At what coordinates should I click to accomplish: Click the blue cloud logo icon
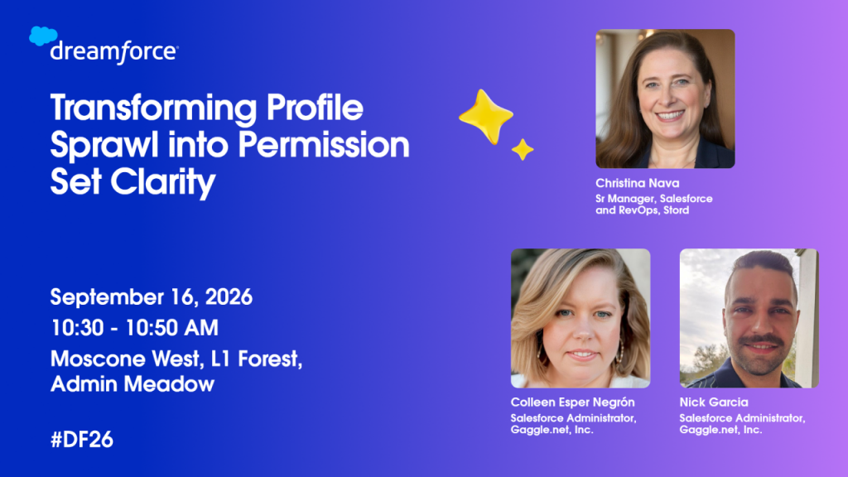pyautogui.click(x=43, y=36)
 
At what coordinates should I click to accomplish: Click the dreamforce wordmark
pyautogui.click(x=114, y=52)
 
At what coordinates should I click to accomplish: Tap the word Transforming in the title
pyautogui.click(x=153, y=108)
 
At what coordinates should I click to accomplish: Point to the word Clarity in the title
pyautogui.click(x=163, y=182)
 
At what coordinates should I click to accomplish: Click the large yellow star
pyautogui.click(x=485, y=117)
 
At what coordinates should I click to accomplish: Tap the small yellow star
pyautogui.click(x=523, y=150)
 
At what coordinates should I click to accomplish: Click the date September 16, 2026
pyautogui.click(x=152, y=297)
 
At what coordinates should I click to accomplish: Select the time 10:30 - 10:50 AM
pyautogui.click(x=135, y=328)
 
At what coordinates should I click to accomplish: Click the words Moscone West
pyautogui.click(x=125, y=359)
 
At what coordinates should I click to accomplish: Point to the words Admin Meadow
pyautogui.click(x=132, y=384)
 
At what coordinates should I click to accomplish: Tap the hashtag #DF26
pyautogui.click(x=82, y=440)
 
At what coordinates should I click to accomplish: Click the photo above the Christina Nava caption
pyautogui.click(x=665, y=99)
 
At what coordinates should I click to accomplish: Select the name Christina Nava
pyautogui.click(x=637, y=183)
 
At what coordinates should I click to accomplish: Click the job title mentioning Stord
pyautogui.click(x=654, y=205)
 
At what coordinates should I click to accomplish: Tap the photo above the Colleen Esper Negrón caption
pyautogui.click(x=581, y=318)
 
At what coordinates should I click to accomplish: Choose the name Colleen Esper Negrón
pyautogui.click(x=573, y=402)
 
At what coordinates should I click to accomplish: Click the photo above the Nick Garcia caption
pyautogui.click(x=749, y=318)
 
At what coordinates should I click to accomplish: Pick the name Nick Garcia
pyautogui.click(x=714, y=402)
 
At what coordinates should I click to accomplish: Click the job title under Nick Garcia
pyautogui.click(x=743, y=424)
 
